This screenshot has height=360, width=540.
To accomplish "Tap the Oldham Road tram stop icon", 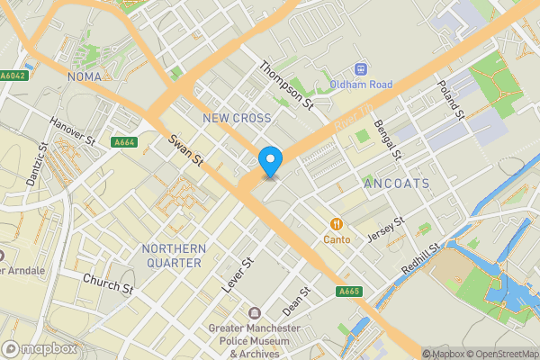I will [361, 68].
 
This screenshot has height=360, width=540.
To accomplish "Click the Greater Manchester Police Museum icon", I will [256, 313].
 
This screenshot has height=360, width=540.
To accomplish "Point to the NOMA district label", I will [85, 77].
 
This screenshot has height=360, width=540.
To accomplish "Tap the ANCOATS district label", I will [397, 183].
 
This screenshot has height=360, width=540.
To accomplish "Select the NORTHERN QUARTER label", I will [174, 256].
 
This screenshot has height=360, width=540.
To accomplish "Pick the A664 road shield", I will [124, 142].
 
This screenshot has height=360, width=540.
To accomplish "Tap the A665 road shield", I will [351, 292].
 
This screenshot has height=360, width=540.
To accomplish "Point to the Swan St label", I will [185, 150].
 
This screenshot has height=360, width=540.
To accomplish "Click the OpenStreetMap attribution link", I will [497, 353].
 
